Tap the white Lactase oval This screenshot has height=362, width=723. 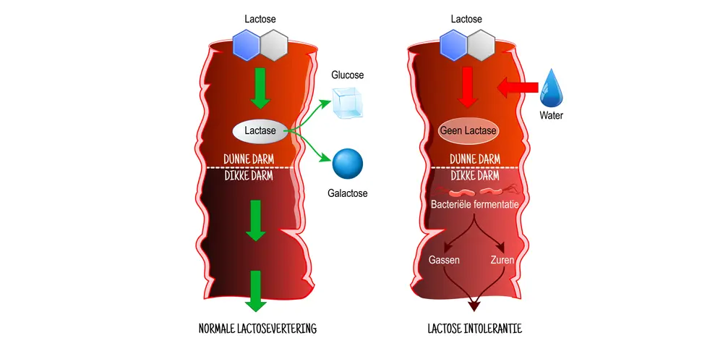click(259, 131)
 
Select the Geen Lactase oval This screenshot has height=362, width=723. click(468, 131)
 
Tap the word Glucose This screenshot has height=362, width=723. click(347, 75)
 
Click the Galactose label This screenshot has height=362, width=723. click(348, 193)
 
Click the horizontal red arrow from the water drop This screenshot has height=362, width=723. click(518, 88)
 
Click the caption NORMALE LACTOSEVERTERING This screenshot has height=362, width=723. click(257, 329)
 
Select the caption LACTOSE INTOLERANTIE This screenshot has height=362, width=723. click(474, 329)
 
